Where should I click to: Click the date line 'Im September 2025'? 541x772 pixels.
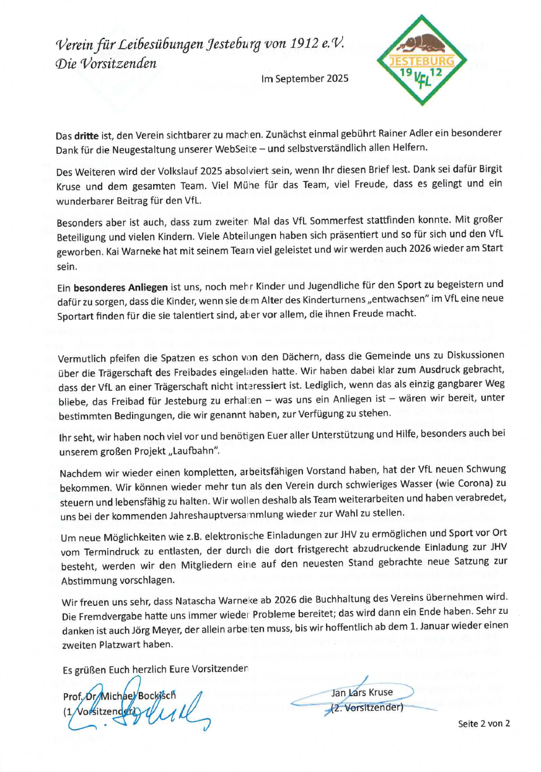305,79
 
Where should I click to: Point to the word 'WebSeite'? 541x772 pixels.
255,149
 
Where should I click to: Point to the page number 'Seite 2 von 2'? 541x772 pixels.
484,724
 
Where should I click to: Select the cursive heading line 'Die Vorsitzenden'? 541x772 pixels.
106,63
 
